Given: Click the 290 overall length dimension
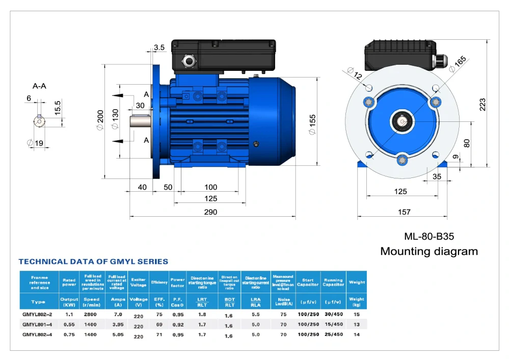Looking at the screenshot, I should (x=210, y=212).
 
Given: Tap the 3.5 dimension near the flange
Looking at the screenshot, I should (x=159, y=47).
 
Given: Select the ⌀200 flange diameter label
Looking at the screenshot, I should (x=100, y=120).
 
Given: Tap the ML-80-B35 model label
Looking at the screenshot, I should (x=428, y=237).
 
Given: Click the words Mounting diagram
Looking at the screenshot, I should (x=429, y=251).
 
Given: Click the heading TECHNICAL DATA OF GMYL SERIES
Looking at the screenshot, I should (x=93, y=262).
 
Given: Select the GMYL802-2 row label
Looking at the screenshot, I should (x=36, y=315).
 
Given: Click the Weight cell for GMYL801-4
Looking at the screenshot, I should (x=356, y=324).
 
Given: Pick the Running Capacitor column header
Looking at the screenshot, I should (x=333, y=282).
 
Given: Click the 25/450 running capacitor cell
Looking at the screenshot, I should (x=333, y=335).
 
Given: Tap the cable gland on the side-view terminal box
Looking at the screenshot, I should (x=190, y=61).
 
